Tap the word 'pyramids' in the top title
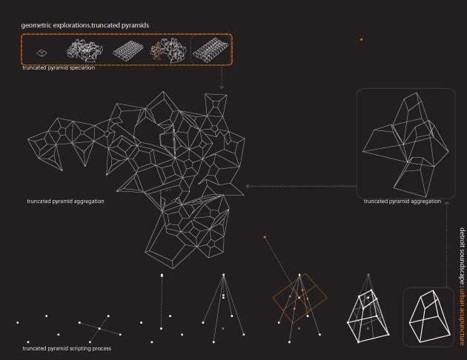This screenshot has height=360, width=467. [x=135, y=26]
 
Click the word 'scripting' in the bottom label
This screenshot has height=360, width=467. [x=79, y=348]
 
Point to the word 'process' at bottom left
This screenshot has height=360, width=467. [x=101, y=348]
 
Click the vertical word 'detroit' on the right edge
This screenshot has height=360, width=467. [x=462, y=237]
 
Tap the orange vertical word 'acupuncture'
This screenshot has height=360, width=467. [x=462, y=327]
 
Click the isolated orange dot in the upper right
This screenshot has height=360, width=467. [x=361, y=39]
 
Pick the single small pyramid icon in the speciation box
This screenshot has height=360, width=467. [x=42, y=53]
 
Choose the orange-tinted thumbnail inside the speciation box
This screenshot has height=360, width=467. [x=168, y=50]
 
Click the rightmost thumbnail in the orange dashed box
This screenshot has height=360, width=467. [x=211, y=50]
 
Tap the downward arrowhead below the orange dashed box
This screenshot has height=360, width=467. [x=222, y=87]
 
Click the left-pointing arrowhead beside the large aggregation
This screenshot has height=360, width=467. [x=247, y=187]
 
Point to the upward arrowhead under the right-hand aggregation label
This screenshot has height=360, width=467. [x=446, y=203]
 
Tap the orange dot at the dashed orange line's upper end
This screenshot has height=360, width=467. [x=265, y=237]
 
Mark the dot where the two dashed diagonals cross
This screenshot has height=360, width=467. [x=99, y=328]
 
